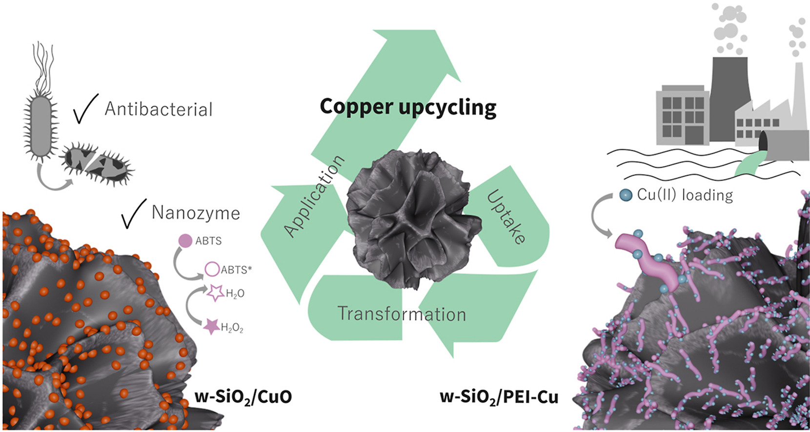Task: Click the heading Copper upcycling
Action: pos(408,107)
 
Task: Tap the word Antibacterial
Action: pos(159,109)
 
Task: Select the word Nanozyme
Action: pos(196,213)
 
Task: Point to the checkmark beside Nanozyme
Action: pos(133,214)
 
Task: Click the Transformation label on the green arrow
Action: pos(402,314)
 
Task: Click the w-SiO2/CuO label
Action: pos(243,396)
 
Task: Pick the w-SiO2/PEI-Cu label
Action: pos(499,397)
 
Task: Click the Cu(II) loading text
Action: pos(685,195)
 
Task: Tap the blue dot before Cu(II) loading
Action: pos(626,195)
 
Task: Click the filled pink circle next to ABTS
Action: pos(185,240)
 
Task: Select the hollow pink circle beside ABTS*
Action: pos(212,269)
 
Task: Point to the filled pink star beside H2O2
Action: pos(212,326)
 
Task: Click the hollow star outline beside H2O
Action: pos(215,293)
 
